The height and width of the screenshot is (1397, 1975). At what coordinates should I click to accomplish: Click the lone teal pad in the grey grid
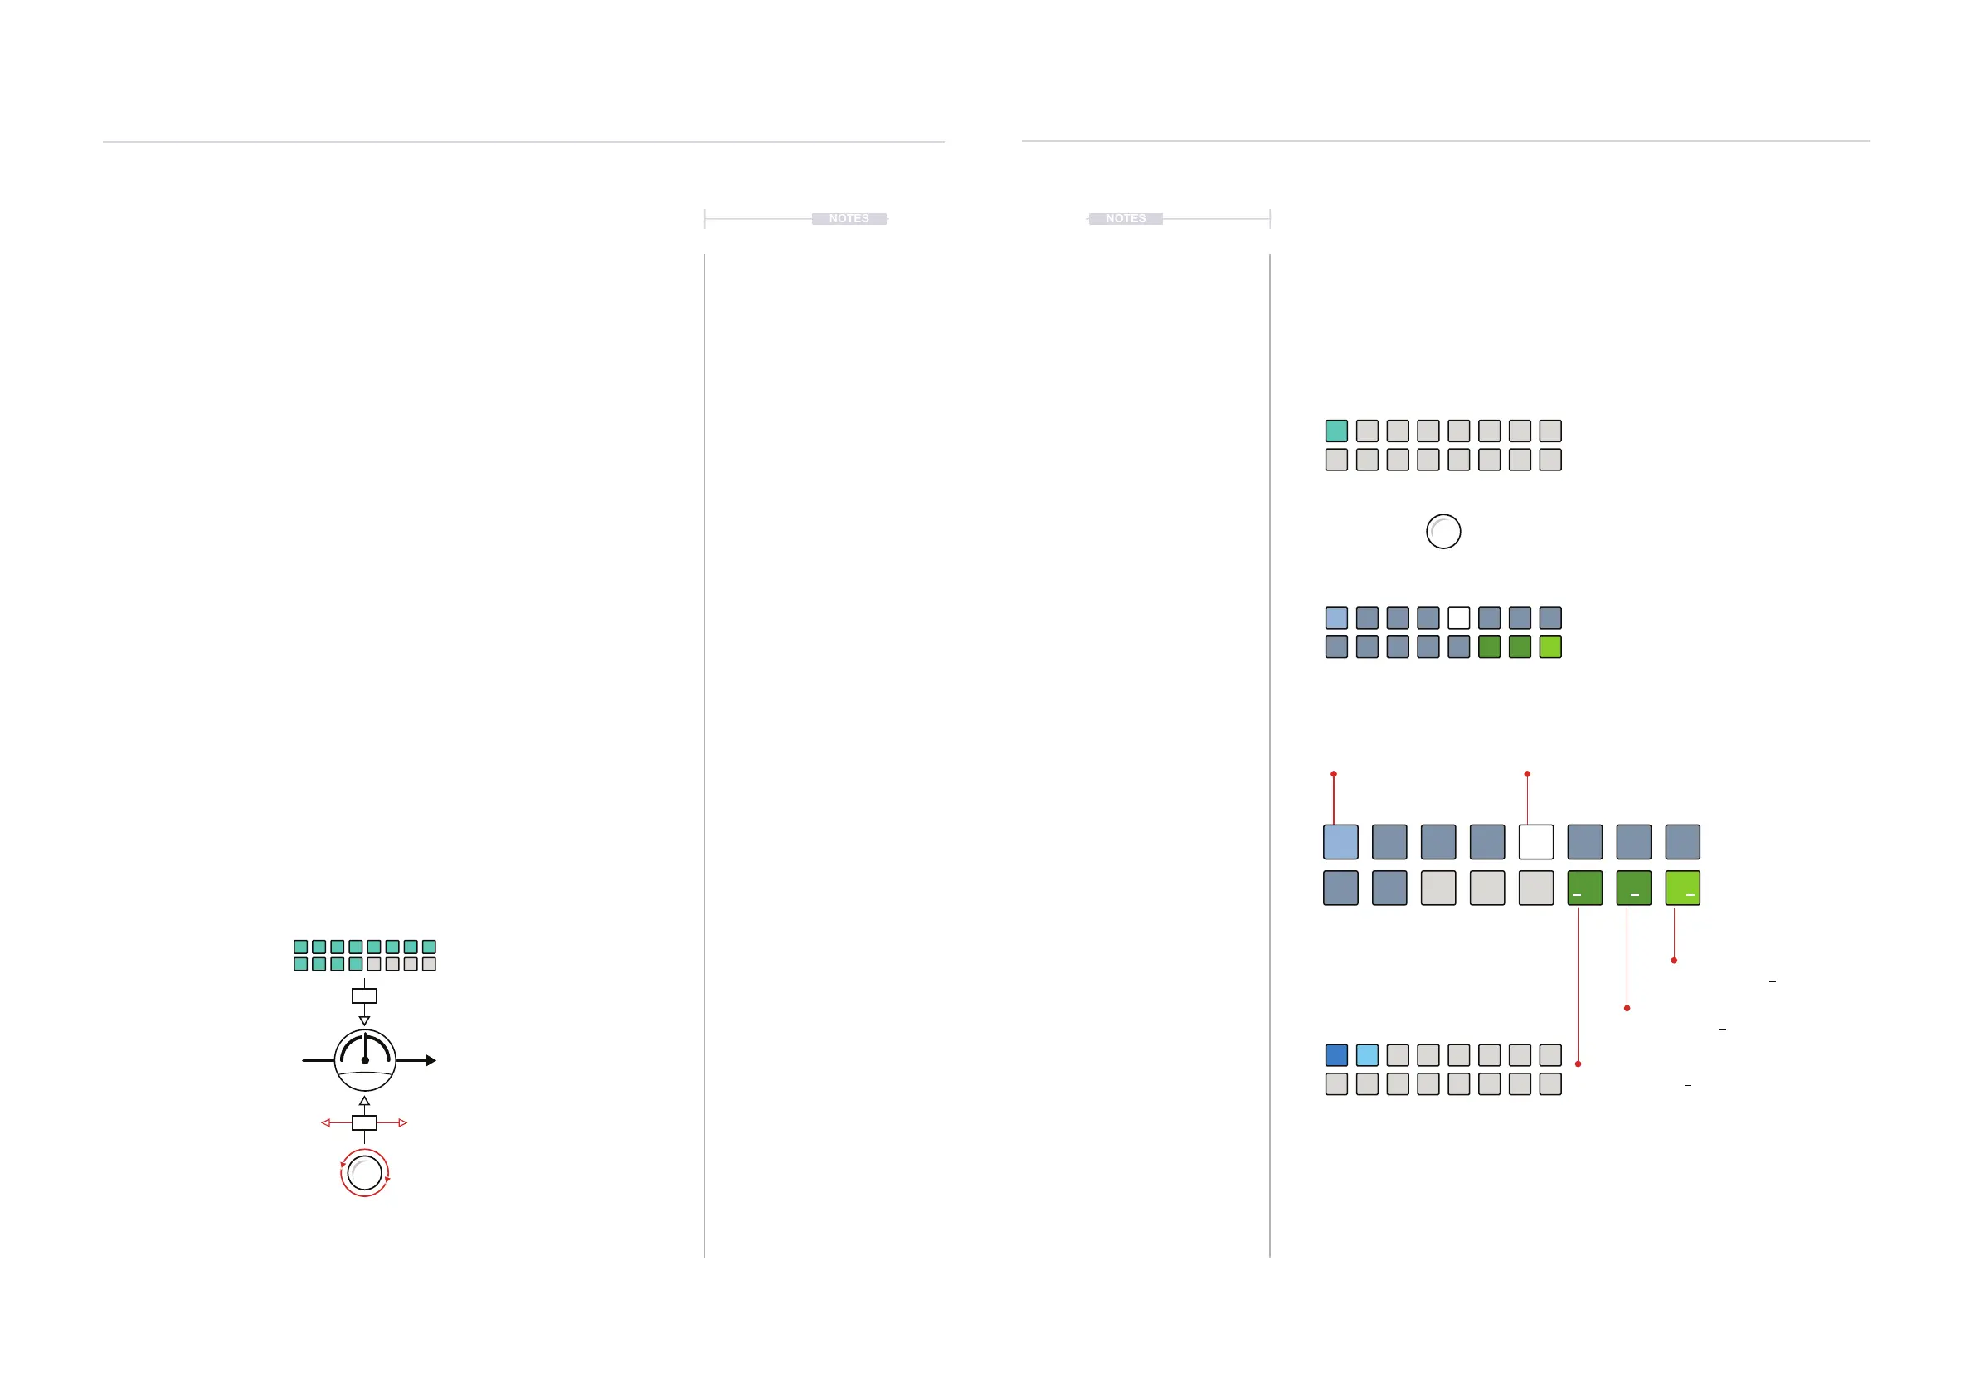click(x=1335, y=430)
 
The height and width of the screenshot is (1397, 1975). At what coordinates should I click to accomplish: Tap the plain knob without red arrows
click(x=1443, y=531)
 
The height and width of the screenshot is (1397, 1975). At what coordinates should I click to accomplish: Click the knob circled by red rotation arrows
click(x=365, y=1172)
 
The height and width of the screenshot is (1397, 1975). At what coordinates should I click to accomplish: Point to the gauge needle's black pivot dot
click(x=365, y=1060)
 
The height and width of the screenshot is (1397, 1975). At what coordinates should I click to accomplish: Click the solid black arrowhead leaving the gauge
click(x=431, y=1060)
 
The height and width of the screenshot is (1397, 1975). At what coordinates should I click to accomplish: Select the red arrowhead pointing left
click(x=325, y=1122)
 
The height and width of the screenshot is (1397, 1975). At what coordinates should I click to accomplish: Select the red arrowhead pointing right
click(x=402, y=1122)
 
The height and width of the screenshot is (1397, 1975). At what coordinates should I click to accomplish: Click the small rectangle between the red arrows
click(x=365, y=1122)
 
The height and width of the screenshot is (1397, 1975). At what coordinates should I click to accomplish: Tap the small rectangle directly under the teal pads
click(x=365, y=996)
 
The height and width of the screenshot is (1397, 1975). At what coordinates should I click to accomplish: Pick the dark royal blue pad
click(x=1335, y=1054)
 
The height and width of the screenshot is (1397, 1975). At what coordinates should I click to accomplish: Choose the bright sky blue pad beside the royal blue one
click(x=1367, y=1054)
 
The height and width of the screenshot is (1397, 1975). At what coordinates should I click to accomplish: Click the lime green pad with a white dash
click(x=1682, y=888)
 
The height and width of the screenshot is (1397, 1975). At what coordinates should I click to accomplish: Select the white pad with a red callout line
click(x=1535, y=841)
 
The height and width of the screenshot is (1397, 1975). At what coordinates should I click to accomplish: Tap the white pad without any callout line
click(x=1458, y=618)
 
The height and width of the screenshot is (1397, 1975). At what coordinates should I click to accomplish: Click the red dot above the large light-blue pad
click(x=1333, y=774)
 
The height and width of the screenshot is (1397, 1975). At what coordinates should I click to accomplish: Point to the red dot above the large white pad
click(x=1527, y=774)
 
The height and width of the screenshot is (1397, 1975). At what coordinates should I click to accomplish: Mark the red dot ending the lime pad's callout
click(x=1674, y=960)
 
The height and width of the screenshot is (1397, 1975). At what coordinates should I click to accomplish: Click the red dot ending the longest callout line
click(x=1578, y=1064)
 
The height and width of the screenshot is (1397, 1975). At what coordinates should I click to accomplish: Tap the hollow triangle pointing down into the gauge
click(x=365, y=1021)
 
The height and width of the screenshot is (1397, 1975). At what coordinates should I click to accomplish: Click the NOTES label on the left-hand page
click(x=849, y=218)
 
